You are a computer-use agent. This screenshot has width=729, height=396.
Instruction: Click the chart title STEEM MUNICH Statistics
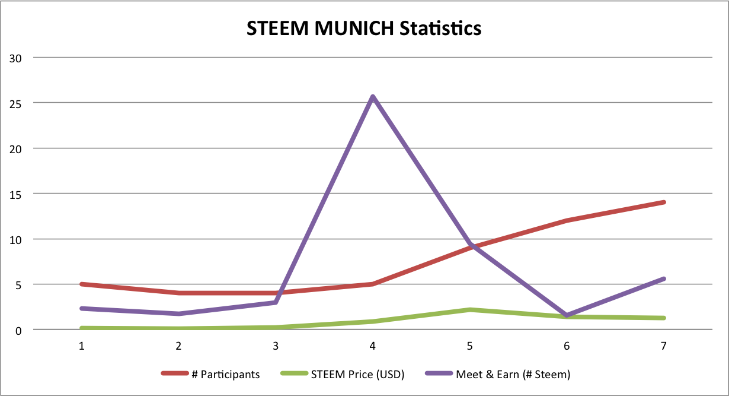coord(364,27)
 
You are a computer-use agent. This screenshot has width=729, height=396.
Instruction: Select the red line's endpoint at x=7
coord(664,202)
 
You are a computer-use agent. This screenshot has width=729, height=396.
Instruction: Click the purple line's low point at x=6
coord(567,315)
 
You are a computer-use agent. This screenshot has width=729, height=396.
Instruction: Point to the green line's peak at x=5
coord(470,309)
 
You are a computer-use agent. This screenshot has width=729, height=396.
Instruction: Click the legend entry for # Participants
coord(210,374)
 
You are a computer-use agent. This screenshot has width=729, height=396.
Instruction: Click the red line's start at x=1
coord(82,284)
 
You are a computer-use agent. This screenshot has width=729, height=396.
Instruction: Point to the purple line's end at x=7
coord(664,278)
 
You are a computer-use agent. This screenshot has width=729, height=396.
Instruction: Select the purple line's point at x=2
coord(179,313)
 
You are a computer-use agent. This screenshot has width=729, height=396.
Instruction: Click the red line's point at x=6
coord(567,220)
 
